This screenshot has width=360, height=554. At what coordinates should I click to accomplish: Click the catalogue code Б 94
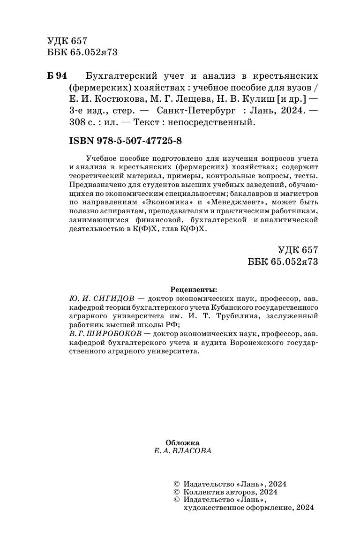(58, 76)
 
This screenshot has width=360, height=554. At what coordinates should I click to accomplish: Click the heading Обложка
(183, 442)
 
